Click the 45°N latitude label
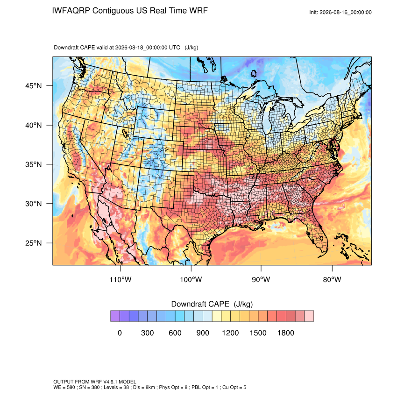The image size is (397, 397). (34, 86)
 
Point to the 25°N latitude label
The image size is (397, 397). (34, 243)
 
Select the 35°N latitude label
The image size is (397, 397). (34, 164)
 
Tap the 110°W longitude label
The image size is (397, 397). (121, 279)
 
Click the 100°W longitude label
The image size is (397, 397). (191, 279)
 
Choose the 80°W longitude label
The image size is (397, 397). (332, 279)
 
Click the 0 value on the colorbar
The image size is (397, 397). (120, 333)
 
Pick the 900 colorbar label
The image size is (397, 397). (203, 333)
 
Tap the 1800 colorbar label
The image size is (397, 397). (286, 333)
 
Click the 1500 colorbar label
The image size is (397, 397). (258, 333)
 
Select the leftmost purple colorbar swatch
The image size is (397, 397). (115, 316)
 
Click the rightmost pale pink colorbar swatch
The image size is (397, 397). (309, 316)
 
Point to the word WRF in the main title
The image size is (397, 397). (199, 11)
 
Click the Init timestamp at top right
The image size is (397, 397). (340, 12)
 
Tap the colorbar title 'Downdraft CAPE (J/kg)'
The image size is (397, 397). (212, 304)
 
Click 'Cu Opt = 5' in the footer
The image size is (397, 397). (234, 387)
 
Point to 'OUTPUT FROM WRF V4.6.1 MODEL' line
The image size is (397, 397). (95, 382)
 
